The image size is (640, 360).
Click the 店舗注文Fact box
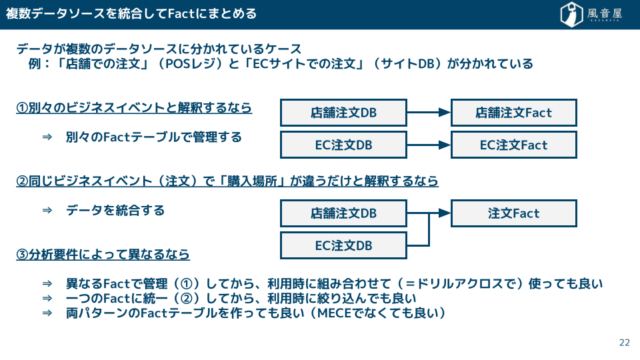tap(513, 113)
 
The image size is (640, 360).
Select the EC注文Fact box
tap(513, 145)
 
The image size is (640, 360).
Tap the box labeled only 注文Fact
tap(513, 213)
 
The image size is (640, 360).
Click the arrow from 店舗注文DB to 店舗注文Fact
tap(429, 112)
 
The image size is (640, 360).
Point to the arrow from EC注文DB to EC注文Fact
tap(429, 145)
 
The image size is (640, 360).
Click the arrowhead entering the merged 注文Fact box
tap(445, 213)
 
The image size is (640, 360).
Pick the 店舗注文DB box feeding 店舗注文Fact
tap(343, 113)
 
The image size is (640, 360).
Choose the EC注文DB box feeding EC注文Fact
tap(343, 145)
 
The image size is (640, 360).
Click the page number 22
tap(625, 343)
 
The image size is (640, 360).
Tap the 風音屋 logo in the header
tap(591, 14)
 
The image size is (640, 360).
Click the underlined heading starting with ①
tap(134, 108)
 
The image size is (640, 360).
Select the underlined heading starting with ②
tap(227, 181)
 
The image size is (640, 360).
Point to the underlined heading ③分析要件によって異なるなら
tap(103, 254)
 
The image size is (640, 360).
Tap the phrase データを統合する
tap(115, 210)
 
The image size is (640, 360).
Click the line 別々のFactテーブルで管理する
tap(154, 137)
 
